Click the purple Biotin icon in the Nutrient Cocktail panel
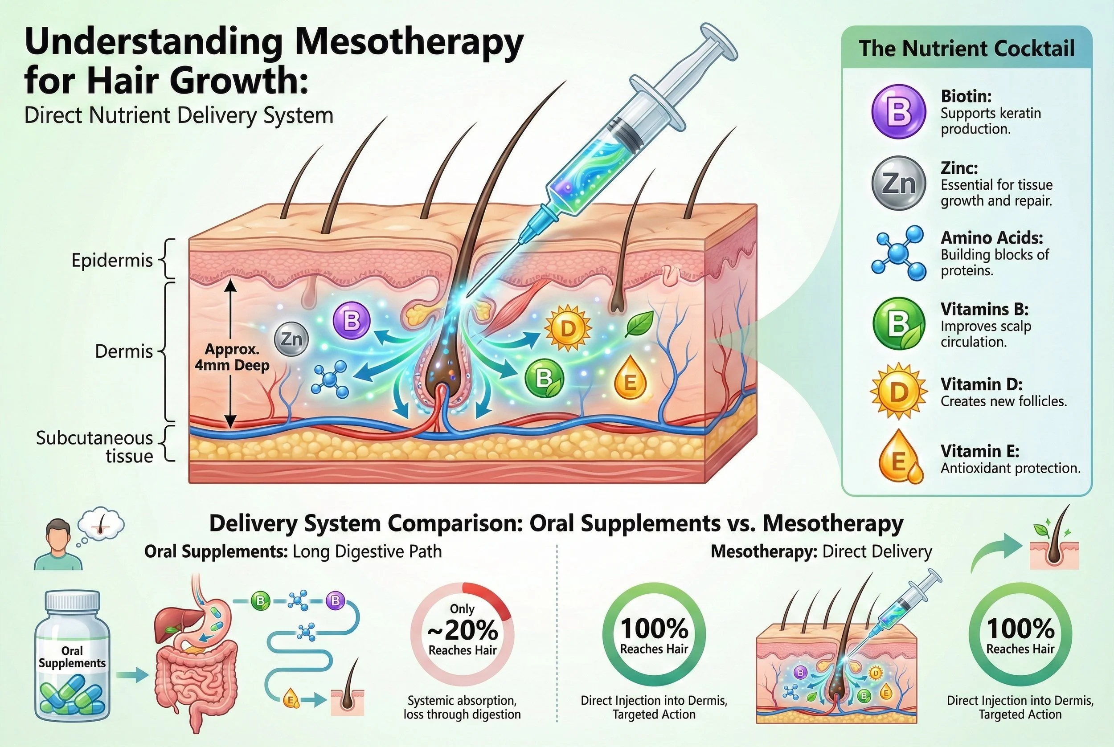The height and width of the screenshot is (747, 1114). point(899,111)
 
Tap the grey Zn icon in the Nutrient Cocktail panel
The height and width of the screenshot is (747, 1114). point(899,183)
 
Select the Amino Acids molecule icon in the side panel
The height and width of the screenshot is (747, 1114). point(899,253)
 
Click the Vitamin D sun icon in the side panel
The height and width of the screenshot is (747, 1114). point(899,391)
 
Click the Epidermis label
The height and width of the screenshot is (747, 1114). point(112,260)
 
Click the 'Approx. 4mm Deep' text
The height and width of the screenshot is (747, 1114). point(232,357)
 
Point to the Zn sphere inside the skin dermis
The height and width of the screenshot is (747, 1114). point(291,339)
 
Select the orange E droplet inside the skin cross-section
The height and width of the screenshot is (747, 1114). point(630,378)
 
